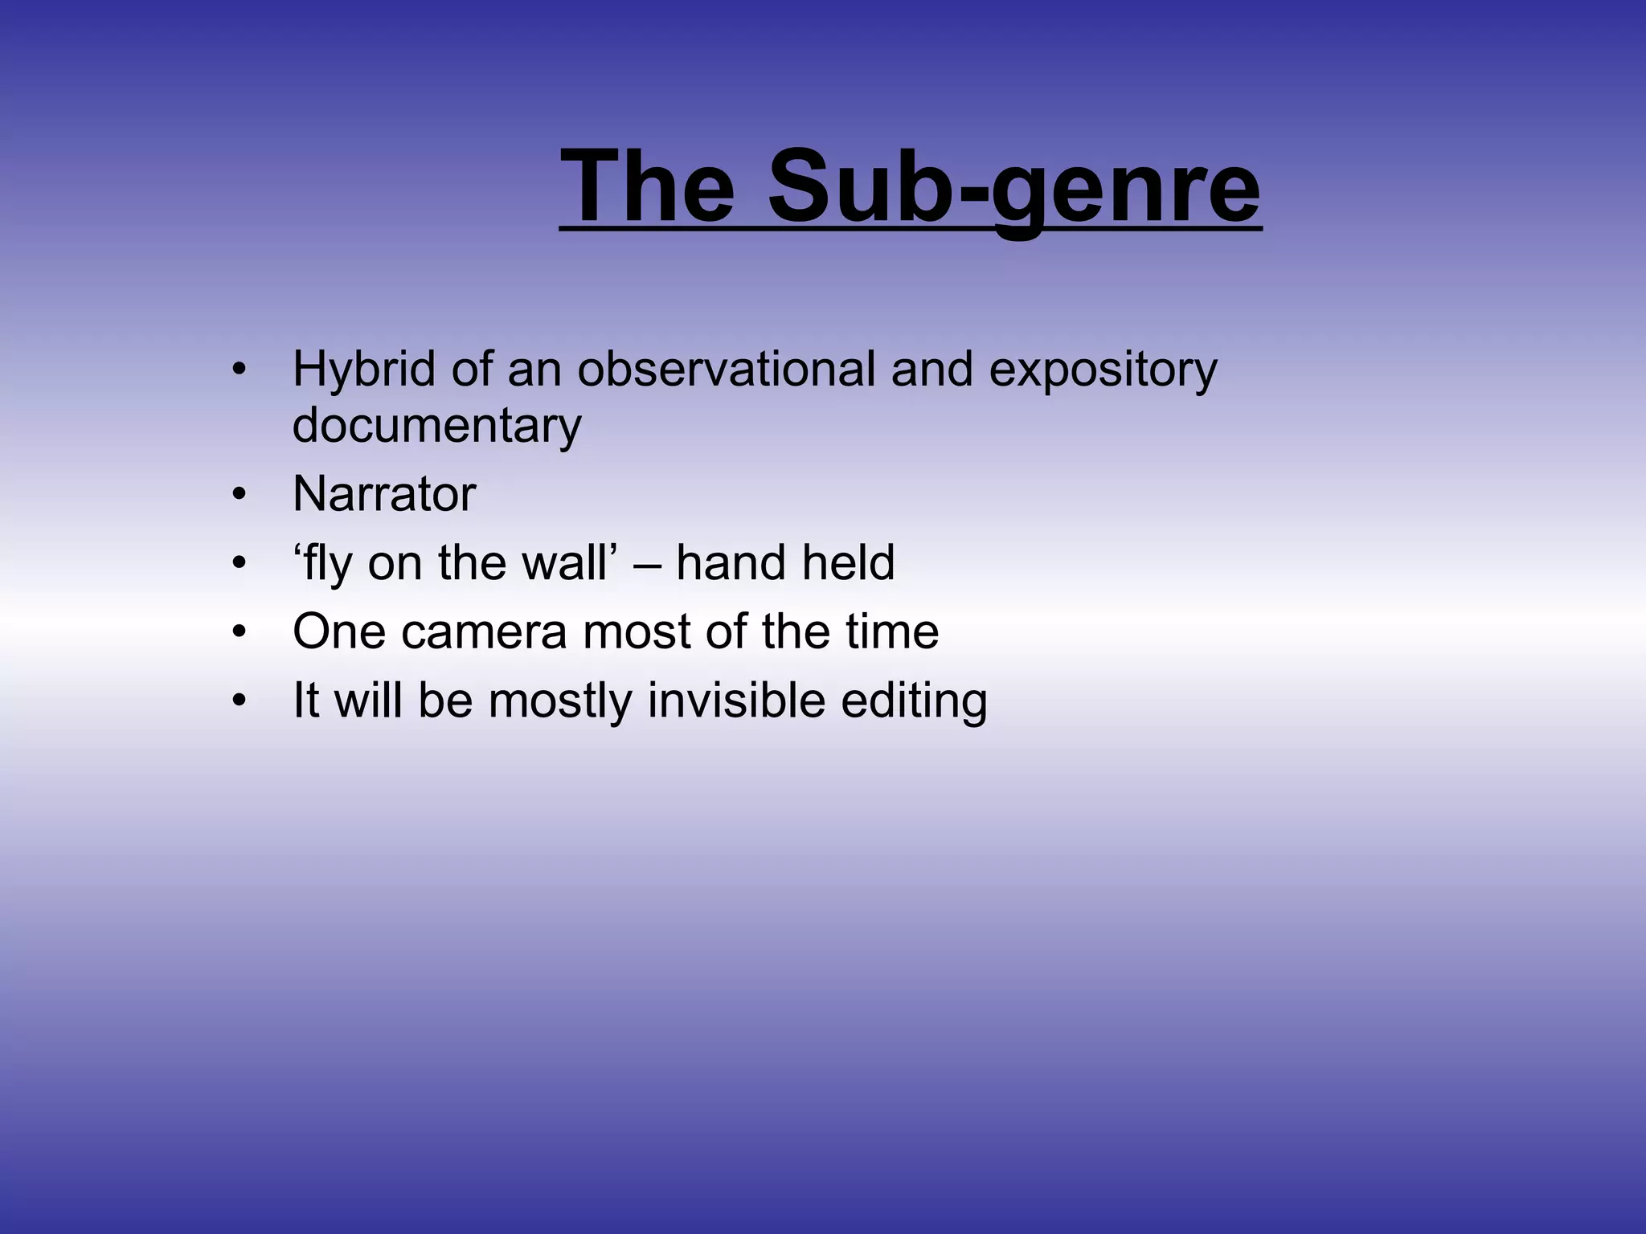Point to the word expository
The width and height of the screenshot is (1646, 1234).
[x=1103, y=370]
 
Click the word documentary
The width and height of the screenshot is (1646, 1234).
[x=436, y=425]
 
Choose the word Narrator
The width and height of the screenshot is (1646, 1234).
[x=384, y=493]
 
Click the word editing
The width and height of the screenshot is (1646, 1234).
[x=914, y=701]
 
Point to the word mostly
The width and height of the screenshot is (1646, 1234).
[x=560, y=701]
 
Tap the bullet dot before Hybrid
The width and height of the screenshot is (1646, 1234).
[x=237, y=370]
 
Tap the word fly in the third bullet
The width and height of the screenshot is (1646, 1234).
[x=326, y=562]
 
